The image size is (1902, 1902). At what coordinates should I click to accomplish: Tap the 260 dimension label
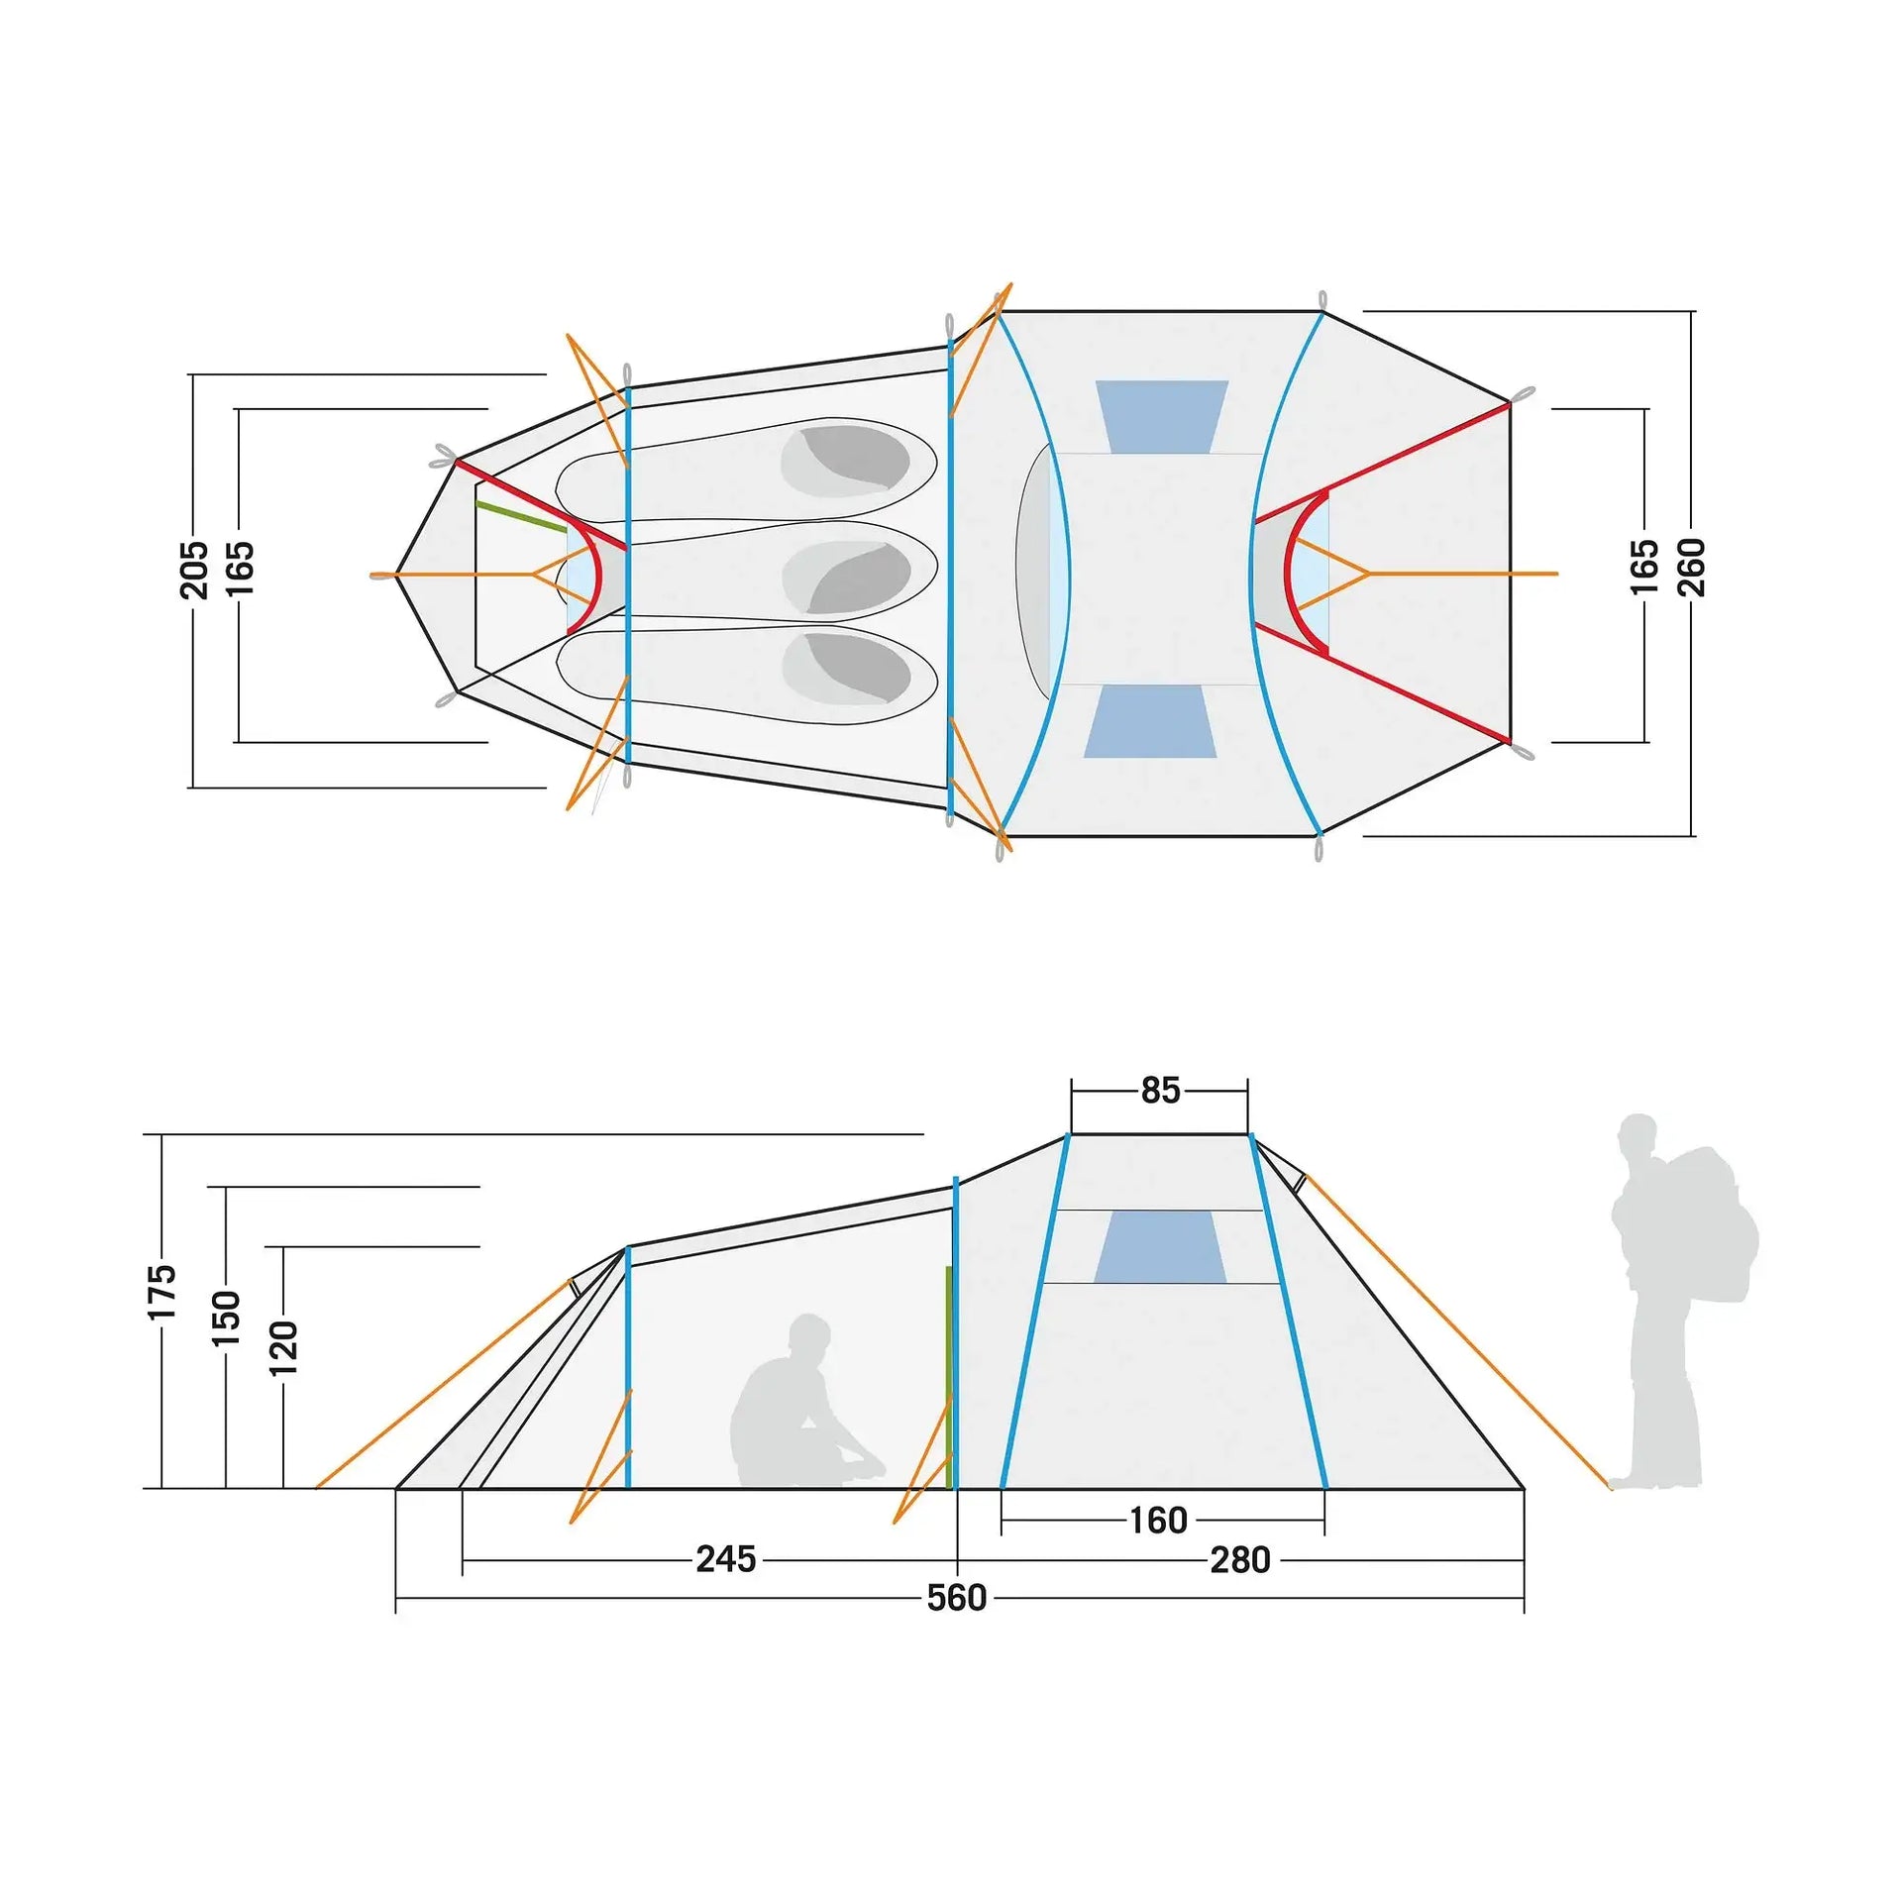tap(1691, 568)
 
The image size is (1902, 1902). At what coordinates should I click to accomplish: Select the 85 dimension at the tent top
tap(1160, 1091)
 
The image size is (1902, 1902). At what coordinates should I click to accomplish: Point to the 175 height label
tap(161, 1291)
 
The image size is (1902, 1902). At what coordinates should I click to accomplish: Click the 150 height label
tap(226, 1317)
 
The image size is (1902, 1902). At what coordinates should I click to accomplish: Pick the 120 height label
tap(283, 1347)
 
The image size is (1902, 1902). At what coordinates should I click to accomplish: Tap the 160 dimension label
tap(1158, 1520)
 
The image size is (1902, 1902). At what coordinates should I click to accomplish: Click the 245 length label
tap(726, 1559)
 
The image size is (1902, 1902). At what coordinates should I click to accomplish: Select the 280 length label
tap(1240, 1560)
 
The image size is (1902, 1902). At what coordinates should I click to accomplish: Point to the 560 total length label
tap(957, 1598)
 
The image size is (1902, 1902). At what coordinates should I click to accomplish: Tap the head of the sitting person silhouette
tap(809, 1335)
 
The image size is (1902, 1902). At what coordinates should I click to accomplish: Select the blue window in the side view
tap(1160, 1246)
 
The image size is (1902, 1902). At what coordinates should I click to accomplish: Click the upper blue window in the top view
tap(1161, 417)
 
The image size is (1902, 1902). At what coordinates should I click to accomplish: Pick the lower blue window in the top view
tap(1151, 721)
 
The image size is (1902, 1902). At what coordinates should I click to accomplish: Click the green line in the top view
tap(521, 516)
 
